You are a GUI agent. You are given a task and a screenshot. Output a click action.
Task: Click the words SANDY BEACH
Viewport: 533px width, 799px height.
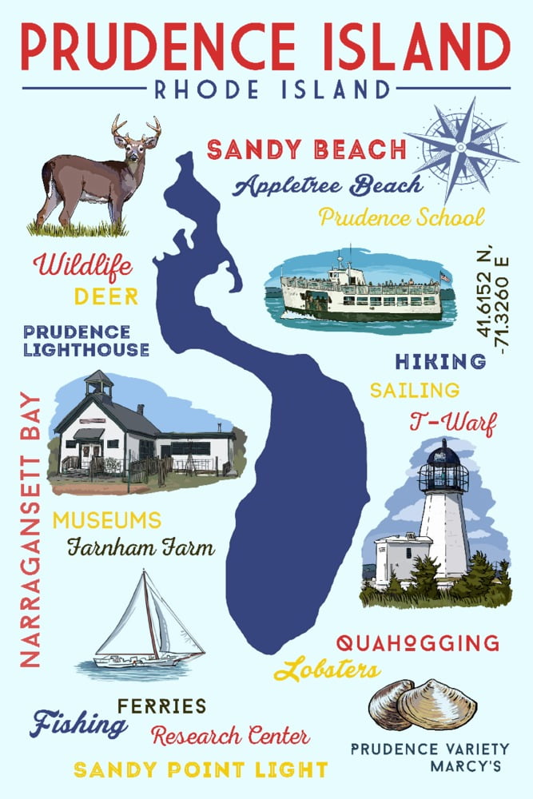307,149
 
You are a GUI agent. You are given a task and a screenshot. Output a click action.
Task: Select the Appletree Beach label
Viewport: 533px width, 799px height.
328,185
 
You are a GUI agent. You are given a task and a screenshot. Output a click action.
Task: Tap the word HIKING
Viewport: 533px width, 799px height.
440,362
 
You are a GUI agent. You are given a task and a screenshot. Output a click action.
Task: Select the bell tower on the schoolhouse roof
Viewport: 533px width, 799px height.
99,384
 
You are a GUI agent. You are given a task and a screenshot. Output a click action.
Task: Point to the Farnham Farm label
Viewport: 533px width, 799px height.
141,548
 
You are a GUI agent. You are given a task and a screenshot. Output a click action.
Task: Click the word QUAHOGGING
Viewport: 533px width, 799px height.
418,642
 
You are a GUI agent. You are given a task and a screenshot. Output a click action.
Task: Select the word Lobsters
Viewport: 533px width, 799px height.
327,670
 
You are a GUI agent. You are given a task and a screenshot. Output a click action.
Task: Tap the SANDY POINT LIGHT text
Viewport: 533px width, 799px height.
201,769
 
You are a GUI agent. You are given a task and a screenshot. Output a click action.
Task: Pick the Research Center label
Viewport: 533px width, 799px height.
230,735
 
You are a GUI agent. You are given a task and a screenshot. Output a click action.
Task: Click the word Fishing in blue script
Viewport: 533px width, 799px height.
78,723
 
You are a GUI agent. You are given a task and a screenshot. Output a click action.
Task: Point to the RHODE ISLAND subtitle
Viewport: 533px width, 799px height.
266,89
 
